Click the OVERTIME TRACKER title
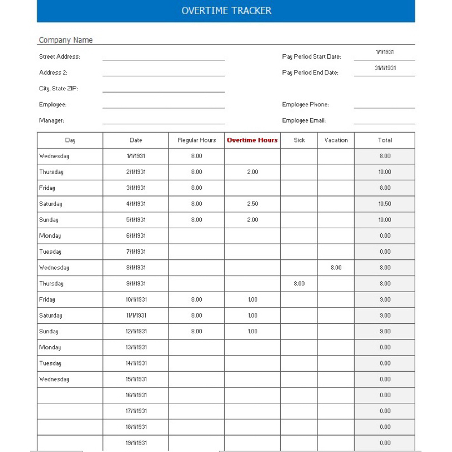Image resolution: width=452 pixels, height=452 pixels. [226, 11]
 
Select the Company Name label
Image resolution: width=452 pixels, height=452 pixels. [66, 40]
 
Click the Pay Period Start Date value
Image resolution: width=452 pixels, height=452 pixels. [385, 52]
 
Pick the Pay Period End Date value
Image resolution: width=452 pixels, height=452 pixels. [385, 68]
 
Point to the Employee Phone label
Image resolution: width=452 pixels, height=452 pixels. [305, 105]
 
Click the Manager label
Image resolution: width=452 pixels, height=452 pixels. [51, 120]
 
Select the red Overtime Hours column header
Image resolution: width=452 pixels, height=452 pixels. [252, 140]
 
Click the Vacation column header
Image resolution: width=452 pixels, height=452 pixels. [336, 140]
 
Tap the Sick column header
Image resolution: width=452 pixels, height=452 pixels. [299, 140]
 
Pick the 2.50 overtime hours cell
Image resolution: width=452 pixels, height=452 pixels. [252, 204]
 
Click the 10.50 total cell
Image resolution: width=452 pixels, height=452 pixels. [385, 204]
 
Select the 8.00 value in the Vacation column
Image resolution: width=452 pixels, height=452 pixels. [336, 268]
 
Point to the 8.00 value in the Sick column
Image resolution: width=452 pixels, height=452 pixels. [299, 284]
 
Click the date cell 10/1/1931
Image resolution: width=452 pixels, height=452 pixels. [136, 299]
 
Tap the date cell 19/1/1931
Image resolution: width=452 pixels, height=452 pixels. [136, 443]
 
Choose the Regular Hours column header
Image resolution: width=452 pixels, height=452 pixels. [197, 140]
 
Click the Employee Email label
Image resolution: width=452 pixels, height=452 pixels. [303, 120]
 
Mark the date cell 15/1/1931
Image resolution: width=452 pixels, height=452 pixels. [136, 379]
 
